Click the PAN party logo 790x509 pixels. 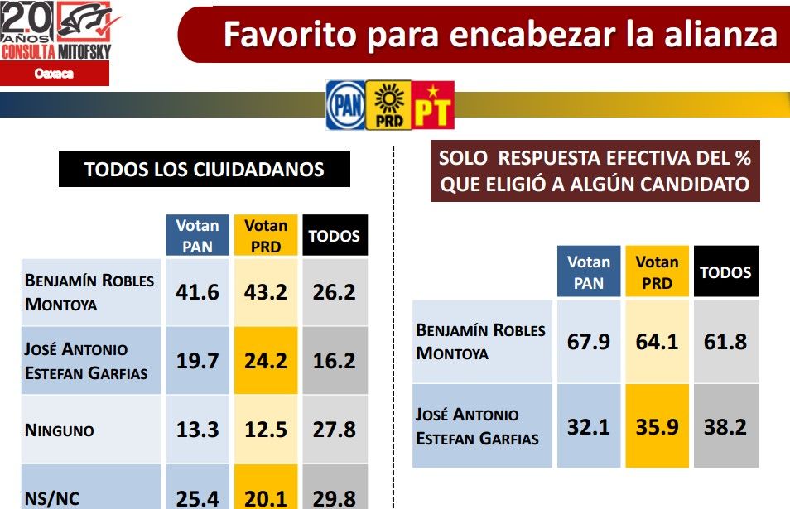(x=344, y=105)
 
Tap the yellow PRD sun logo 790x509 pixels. (x=388, y=105)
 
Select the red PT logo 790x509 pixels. (x=432, y=105)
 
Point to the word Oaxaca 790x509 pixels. (x=55, y=74)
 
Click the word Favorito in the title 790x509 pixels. (x=291, y=35)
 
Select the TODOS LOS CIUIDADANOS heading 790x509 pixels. (x=205, y=170)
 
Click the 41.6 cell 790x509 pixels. (x=197, y=291)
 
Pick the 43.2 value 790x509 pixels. (x=266, y=291)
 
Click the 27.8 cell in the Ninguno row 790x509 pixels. (x=335, y=430)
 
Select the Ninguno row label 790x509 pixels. (x=60, y=430)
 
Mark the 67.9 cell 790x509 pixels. (x=589, y=341)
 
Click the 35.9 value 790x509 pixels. (x=657, y=425)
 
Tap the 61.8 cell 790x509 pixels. (x=725, y=341)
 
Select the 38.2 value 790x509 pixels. (x=725, y=425)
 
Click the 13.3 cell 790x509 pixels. (x=197, y=430)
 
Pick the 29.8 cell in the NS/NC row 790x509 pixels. (x=335, y=497)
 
